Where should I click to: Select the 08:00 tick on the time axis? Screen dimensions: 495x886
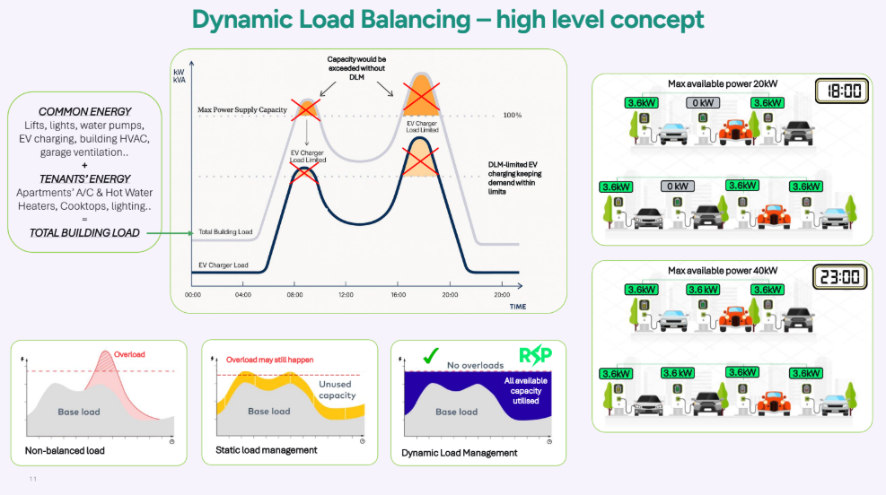point(295,294)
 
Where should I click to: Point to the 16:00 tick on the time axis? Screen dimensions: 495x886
point(398,294)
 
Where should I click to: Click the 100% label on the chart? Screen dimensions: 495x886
point(513,116)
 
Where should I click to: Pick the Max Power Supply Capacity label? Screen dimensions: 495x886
point(242,110)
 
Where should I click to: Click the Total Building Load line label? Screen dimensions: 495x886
point(226,232)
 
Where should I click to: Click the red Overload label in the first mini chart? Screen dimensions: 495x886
point(129,354)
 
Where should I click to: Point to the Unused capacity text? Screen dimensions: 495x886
point(337,389)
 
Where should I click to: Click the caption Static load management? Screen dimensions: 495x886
point(267,449)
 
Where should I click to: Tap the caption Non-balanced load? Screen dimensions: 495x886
point(66,450)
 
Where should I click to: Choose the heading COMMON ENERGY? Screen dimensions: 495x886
point(84,112)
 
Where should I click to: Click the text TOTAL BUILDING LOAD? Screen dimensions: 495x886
point(84,233)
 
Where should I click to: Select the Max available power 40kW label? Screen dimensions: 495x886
point(723,271)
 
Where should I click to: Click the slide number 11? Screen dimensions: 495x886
point(33,480)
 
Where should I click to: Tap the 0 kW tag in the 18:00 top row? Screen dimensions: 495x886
point(703,103)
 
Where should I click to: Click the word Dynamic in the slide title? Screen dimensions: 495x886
point(248,19)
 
